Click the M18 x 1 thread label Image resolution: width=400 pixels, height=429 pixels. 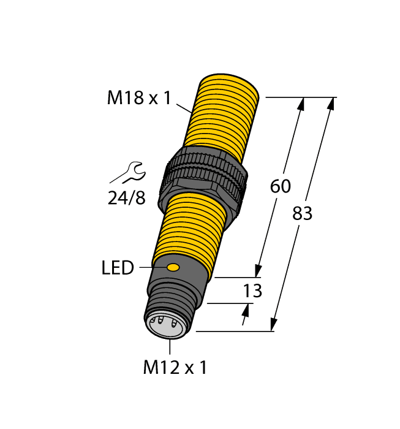[x=139, y=97]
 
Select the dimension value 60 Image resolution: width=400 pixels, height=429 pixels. [x=280, y=186]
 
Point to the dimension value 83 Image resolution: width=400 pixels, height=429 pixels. [x=302, y=213]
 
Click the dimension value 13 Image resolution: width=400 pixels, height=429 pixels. [x=252, y=290]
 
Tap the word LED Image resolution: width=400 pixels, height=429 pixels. [x=118, y=268]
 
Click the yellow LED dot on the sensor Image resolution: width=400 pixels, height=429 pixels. [x=173, y=267]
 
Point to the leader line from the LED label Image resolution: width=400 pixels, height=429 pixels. [x=151, y=267]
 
